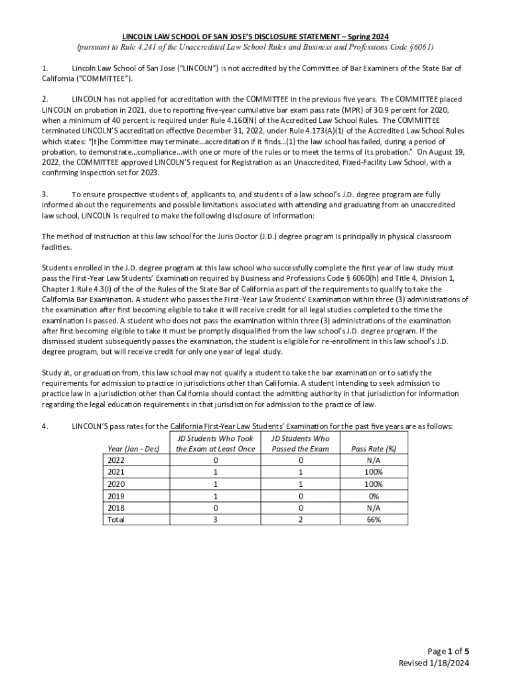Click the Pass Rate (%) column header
click(374, 448)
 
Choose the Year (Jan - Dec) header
click(133, 448)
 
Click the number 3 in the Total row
click(216, 520)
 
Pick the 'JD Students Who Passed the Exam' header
click(300, 444)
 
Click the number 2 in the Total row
click(301, 520)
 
